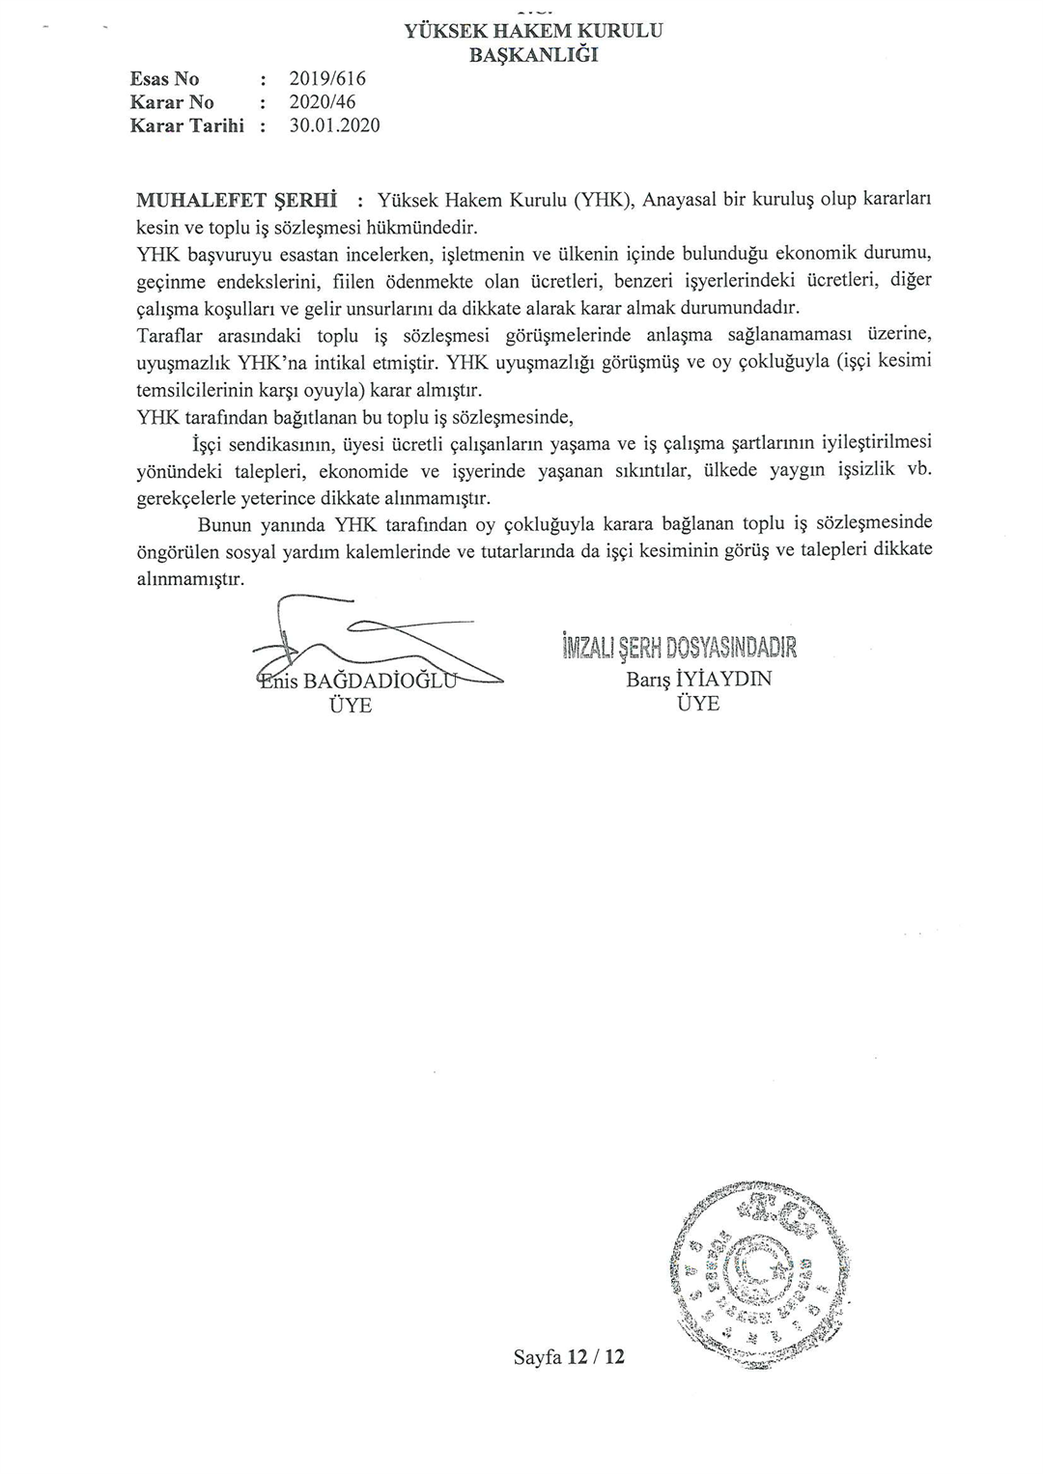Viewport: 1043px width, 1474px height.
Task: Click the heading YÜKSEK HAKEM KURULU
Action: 533,31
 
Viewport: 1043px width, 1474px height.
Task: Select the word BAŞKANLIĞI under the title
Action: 533,55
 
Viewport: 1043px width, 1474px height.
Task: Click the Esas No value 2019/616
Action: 327,79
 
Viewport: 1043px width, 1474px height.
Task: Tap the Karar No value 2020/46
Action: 323,102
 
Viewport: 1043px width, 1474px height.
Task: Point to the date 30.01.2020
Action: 334,125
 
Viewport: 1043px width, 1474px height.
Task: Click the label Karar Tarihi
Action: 187,125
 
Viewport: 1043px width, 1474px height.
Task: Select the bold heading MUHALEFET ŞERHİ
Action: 236,201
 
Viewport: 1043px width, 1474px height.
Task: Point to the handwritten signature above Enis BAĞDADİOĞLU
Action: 367,642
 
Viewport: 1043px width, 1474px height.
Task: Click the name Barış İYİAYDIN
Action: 699,679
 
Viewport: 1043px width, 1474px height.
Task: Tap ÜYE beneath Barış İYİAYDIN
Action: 698,704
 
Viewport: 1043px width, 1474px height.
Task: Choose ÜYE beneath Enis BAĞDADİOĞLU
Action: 351,706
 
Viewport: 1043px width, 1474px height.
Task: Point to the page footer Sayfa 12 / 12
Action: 569,1356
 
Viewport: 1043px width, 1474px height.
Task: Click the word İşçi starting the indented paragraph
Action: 210,445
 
